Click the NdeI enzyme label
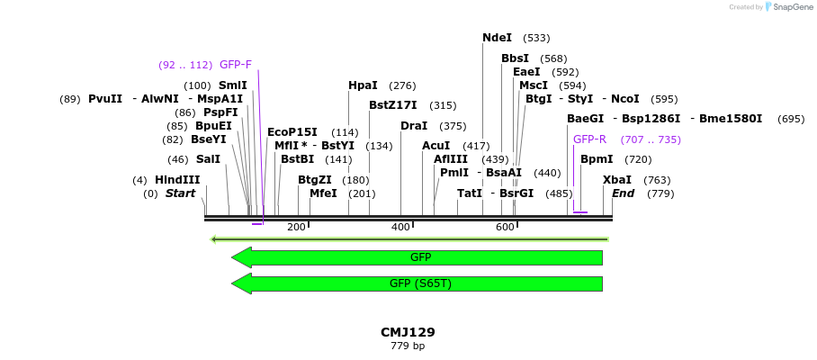(497, 38)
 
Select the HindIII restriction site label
(177, 180)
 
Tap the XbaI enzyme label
(617, 180)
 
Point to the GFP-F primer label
(236, 65)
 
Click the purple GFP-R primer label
(589, 139)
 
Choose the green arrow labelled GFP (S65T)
(420, 283)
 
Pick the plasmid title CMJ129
(408, 332)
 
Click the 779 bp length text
(408, 346)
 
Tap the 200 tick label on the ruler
(296, 227)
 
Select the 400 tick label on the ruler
(400, 227)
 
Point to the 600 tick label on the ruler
(505, 227)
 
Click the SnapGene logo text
(791, 7)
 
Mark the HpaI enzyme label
(363, 85)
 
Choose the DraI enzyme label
(414, 126)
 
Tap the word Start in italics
(180, 193)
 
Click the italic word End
(623, 193)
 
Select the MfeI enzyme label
(323, 193)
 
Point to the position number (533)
(536, 38)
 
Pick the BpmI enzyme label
(597, 159)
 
